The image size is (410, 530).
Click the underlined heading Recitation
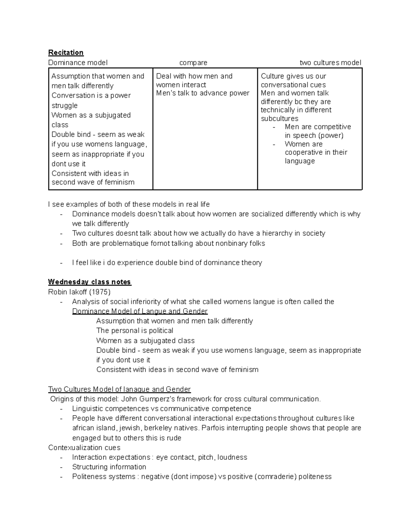coord(66,53)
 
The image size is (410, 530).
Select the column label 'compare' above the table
coord(193,63)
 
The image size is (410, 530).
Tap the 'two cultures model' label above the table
coord(330,63)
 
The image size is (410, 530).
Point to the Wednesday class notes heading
coord(90,282)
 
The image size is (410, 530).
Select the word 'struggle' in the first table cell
coord(65,105)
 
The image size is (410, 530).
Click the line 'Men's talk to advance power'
coord(203,93)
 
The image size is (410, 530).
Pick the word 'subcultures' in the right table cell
coord(279,119)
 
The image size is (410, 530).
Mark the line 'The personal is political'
coord(135,331)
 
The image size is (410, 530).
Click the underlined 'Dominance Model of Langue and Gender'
coord(140,311)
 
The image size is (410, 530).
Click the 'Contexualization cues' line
coord(84,448)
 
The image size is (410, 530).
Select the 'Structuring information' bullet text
coord(109,467)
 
